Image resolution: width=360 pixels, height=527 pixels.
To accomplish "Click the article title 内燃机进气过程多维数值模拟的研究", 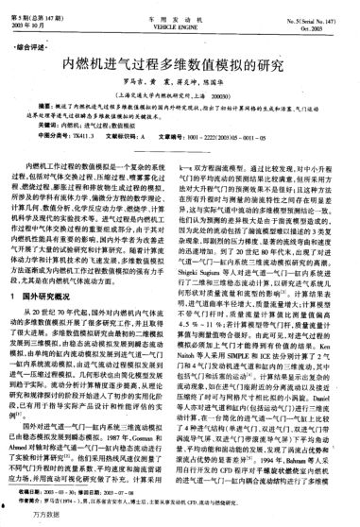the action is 180,67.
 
